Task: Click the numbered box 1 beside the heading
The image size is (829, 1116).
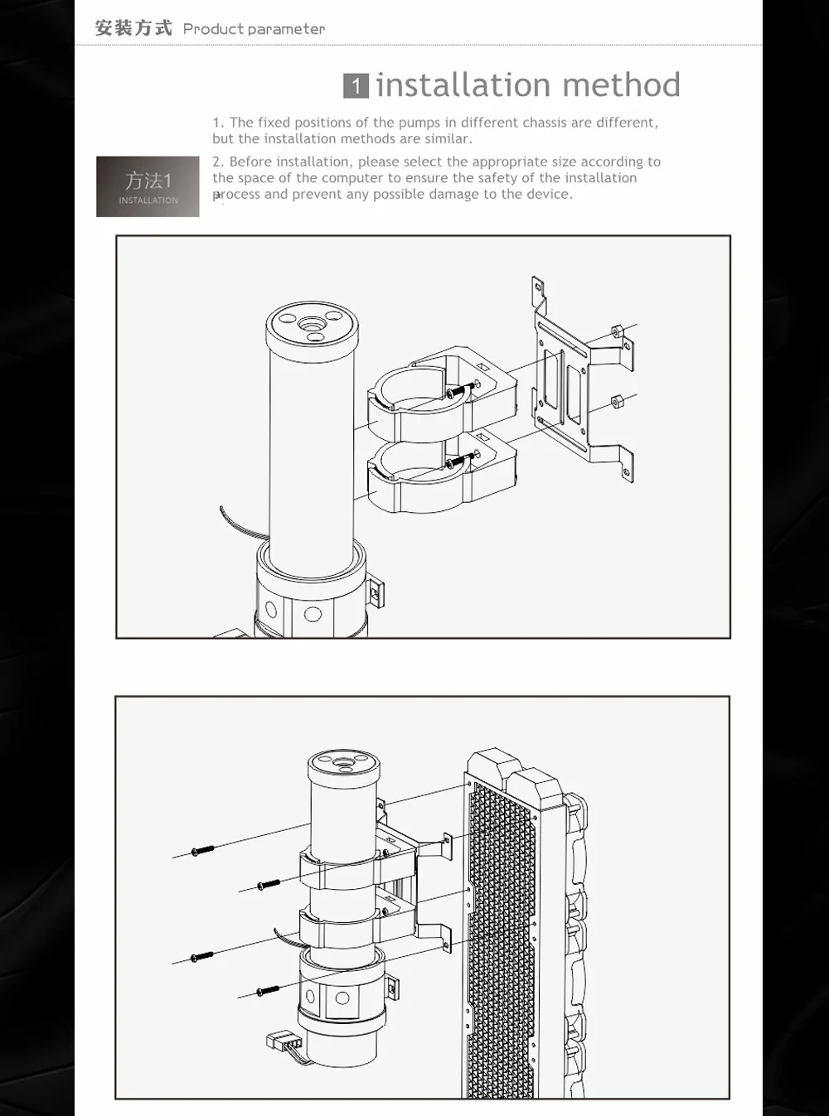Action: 356,85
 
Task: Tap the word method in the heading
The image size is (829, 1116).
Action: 621,85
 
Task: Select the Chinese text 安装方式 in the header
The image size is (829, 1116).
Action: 133,28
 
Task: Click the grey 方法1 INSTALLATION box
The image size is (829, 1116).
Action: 148,186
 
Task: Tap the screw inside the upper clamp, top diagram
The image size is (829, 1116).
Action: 460,389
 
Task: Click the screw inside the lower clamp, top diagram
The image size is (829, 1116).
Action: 460,461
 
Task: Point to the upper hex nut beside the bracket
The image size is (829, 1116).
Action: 618,331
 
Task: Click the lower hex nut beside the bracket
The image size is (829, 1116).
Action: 617,402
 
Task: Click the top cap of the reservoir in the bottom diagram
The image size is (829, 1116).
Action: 344,767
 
